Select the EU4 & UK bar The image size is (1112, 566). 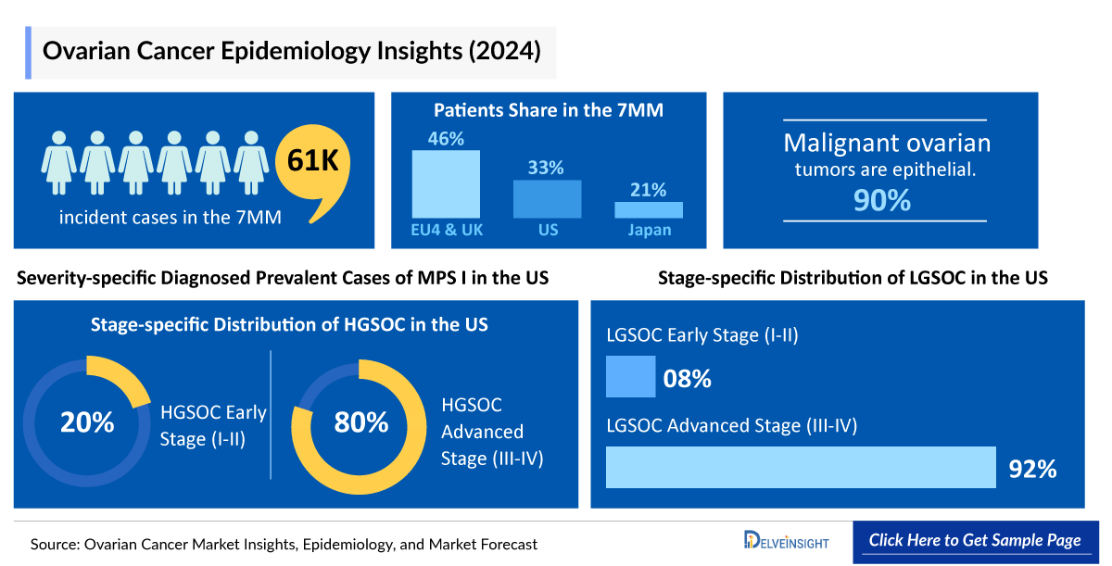(446, 184)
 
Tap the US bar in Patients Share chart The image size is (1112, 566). (548, 199)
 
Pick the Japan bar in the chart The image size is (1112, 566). (649, 210)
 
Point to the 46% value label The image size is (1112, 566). (446, 138)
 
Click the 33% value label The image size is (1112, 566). (547, 168)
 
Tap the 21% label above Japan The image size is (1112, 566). (649, 190)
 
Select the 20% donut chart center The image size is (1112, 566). (87, 422)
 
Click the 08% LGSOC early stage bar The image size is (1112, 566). (630, 377)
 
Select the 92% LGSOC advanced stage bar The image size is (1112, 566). (800, 467)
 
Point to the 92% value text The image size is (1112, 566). (1032, 469)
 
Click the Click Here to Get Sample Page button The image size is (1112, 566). (975, 541)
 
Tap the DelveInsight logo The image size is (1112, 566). (786, 541)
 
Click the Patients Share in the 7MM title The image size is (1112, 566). (549, 110)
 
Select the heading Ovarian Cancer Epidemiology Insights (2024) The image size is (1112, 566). (292, 50)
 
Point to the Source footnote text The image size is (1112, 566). (284, 544)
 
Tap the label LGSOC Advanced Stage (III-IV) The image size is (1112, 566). (731, 426)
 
